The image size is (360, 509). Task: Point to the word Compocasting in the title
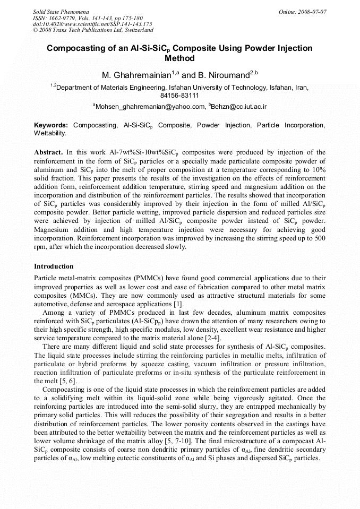pyautogui.click(x=75, y=48)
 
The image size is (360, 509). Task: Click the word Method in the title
pyautogui.click(x=180, y=58)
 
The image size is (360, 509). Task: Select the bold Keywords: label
pyautogui.click(x=51, y=125)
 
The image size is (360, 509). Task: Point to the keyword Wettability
pyautogui.click(x=50, y=133)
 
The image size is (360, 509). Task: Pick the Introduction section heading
pyautogui.click(x=54, y=266)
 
